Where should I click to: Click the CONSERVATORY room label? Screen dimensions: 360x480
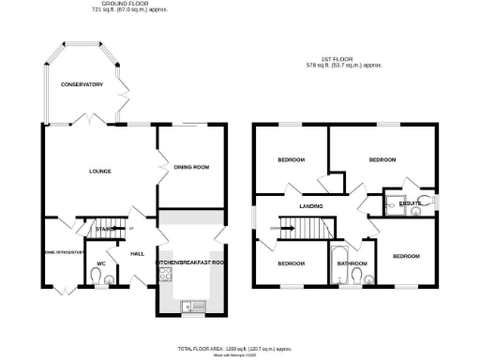tap(82, 84)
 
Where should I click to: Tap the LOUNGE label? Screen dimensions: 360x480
tap(99, 171)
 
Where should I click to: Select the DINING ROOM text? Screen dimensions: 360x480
tap(191, 167)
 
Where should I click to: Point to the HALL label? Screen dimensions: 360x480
tap(137, 254)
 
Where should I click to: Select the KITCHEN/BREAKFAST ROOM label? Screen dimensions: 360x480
tap(191, 264)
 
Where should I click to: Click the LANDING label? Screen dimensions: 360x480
tap(311, 205)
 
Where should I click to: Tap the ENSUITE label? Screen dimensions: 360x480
tap(410, 202)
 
